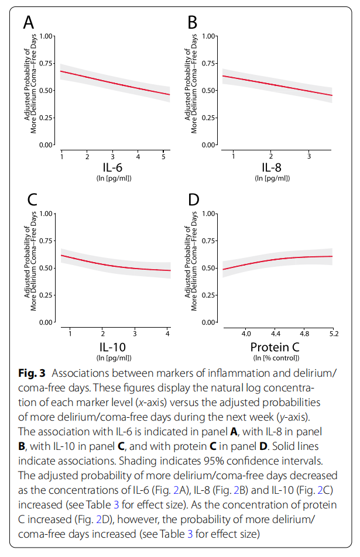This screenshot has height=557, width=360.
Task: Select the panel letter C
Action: tap(32, 199)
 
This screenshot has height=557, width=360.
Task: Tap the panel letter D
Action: tap(194, 199)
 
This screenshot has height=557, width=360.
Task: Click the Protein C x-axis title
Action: tap(275, 346)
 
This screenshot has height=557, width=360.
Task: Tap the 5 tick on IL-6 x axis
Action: tap(163, 156)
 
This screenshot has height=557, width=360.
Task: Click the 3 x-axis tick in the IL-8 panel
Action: tap(308, 156)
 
